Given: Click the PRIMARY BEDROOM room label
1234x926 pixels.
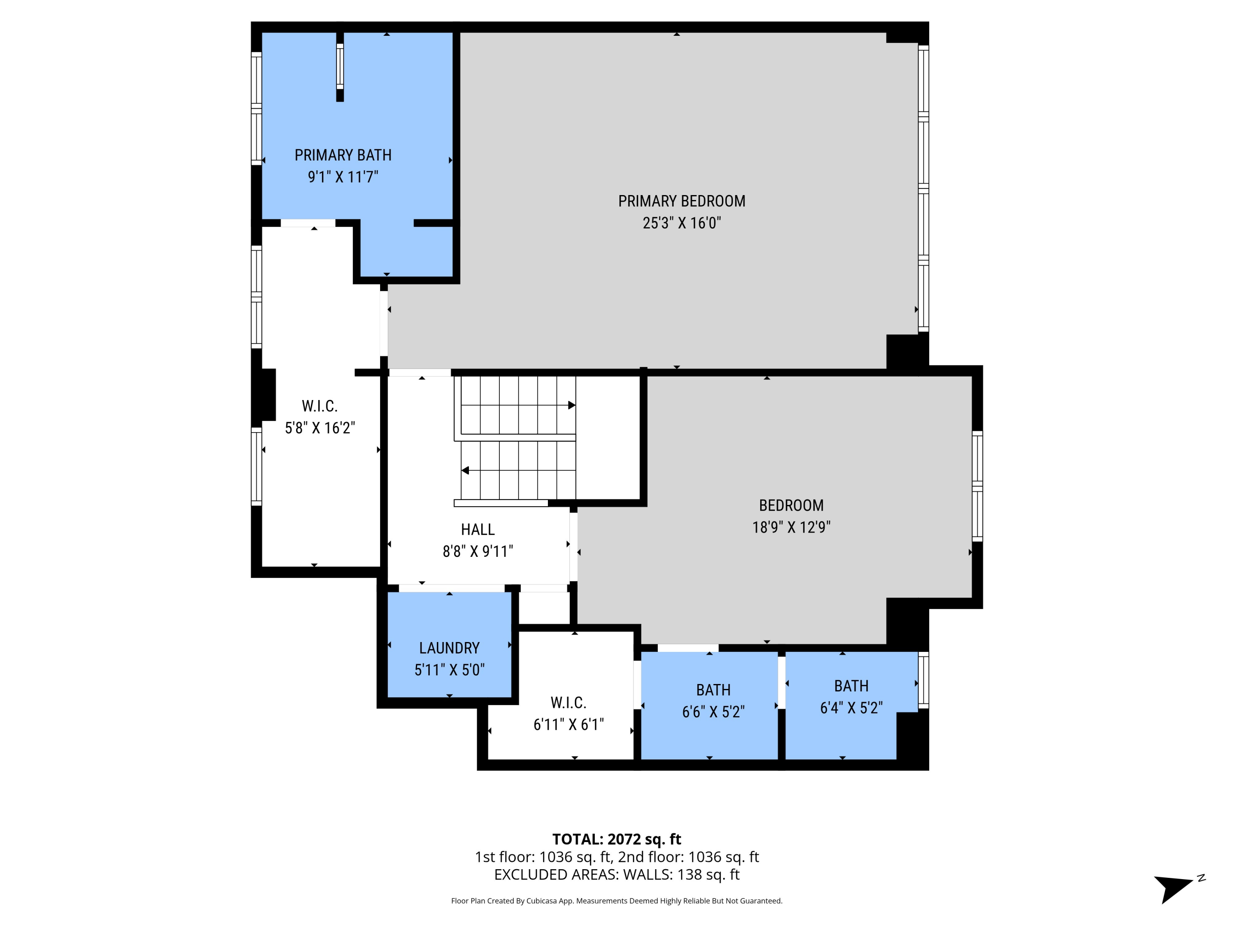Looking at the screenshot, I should pyautogui.click(x=681, y=201).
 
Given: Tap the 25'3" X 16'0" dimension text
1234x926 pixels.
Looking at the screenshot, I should pyautogui.click(x=681, y=223).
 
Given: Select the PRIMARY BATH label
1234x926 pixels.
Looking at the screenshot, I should pyautogui.click(x=343, y=155).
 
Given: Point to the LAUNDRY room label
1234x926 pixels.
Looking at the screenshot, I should pyautogui.click(x=449, y=648).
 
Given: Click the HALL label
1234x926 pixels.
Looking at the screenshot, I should pyautogui.click(x=478, y=529).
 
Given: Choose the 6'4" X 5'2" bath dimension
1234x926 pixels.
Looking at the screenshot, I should pyautogui.click(x=851, y=708).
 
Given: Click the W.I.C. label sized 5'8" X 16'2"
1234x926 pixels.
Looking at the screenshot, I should pyautogui.click(x=320, y=406).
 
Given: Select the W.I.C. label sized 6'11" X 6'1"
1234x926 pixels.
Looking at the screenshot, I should pyautogui.click(x=568, y=703).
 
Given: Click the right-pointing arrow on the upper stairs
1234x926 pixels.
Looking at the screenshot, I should pyautogui.click(x=571, y=405).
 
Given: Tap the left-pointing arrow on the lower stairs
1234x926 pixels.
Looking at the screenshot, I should pyautogui.click(x=465, y=470).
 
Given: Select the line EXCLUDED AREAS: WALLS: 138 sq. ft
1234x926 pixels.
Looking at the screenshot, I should pyautogui.click(x=617, y=875).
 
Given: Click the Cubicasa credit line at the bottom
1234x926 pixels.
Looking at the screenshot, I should pyautogui.click(x=617, y=901).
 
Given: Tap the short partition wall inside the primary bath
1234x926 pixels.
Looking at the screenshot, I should pyautogui.click(x=340, y=67).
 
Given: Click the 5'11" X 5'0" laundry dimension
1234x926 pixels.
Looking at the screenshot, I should pyautogui.click(x=449, y=670).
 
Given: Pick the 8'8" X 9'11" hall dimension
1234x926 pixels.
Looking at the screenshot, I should pyautogui.click(x=478, y=551).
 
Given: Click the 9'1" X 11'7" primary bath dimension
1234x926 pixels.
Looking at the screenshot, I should pyautogui.click(x=343, y=177).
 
